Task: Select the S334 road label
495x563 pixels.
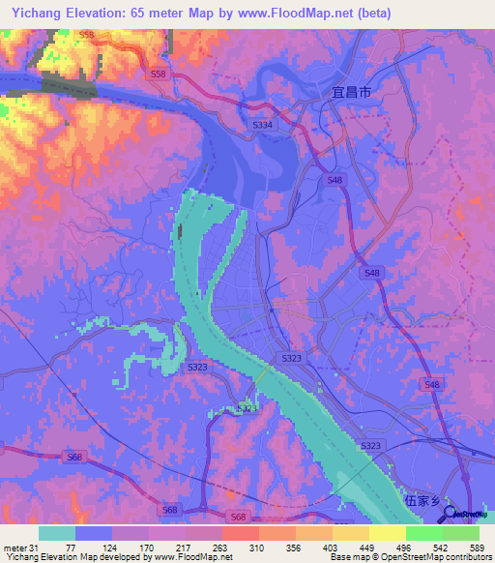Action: tap(262, 125)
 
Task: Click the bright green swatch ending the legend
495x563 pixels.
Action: tap(461, 533)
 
